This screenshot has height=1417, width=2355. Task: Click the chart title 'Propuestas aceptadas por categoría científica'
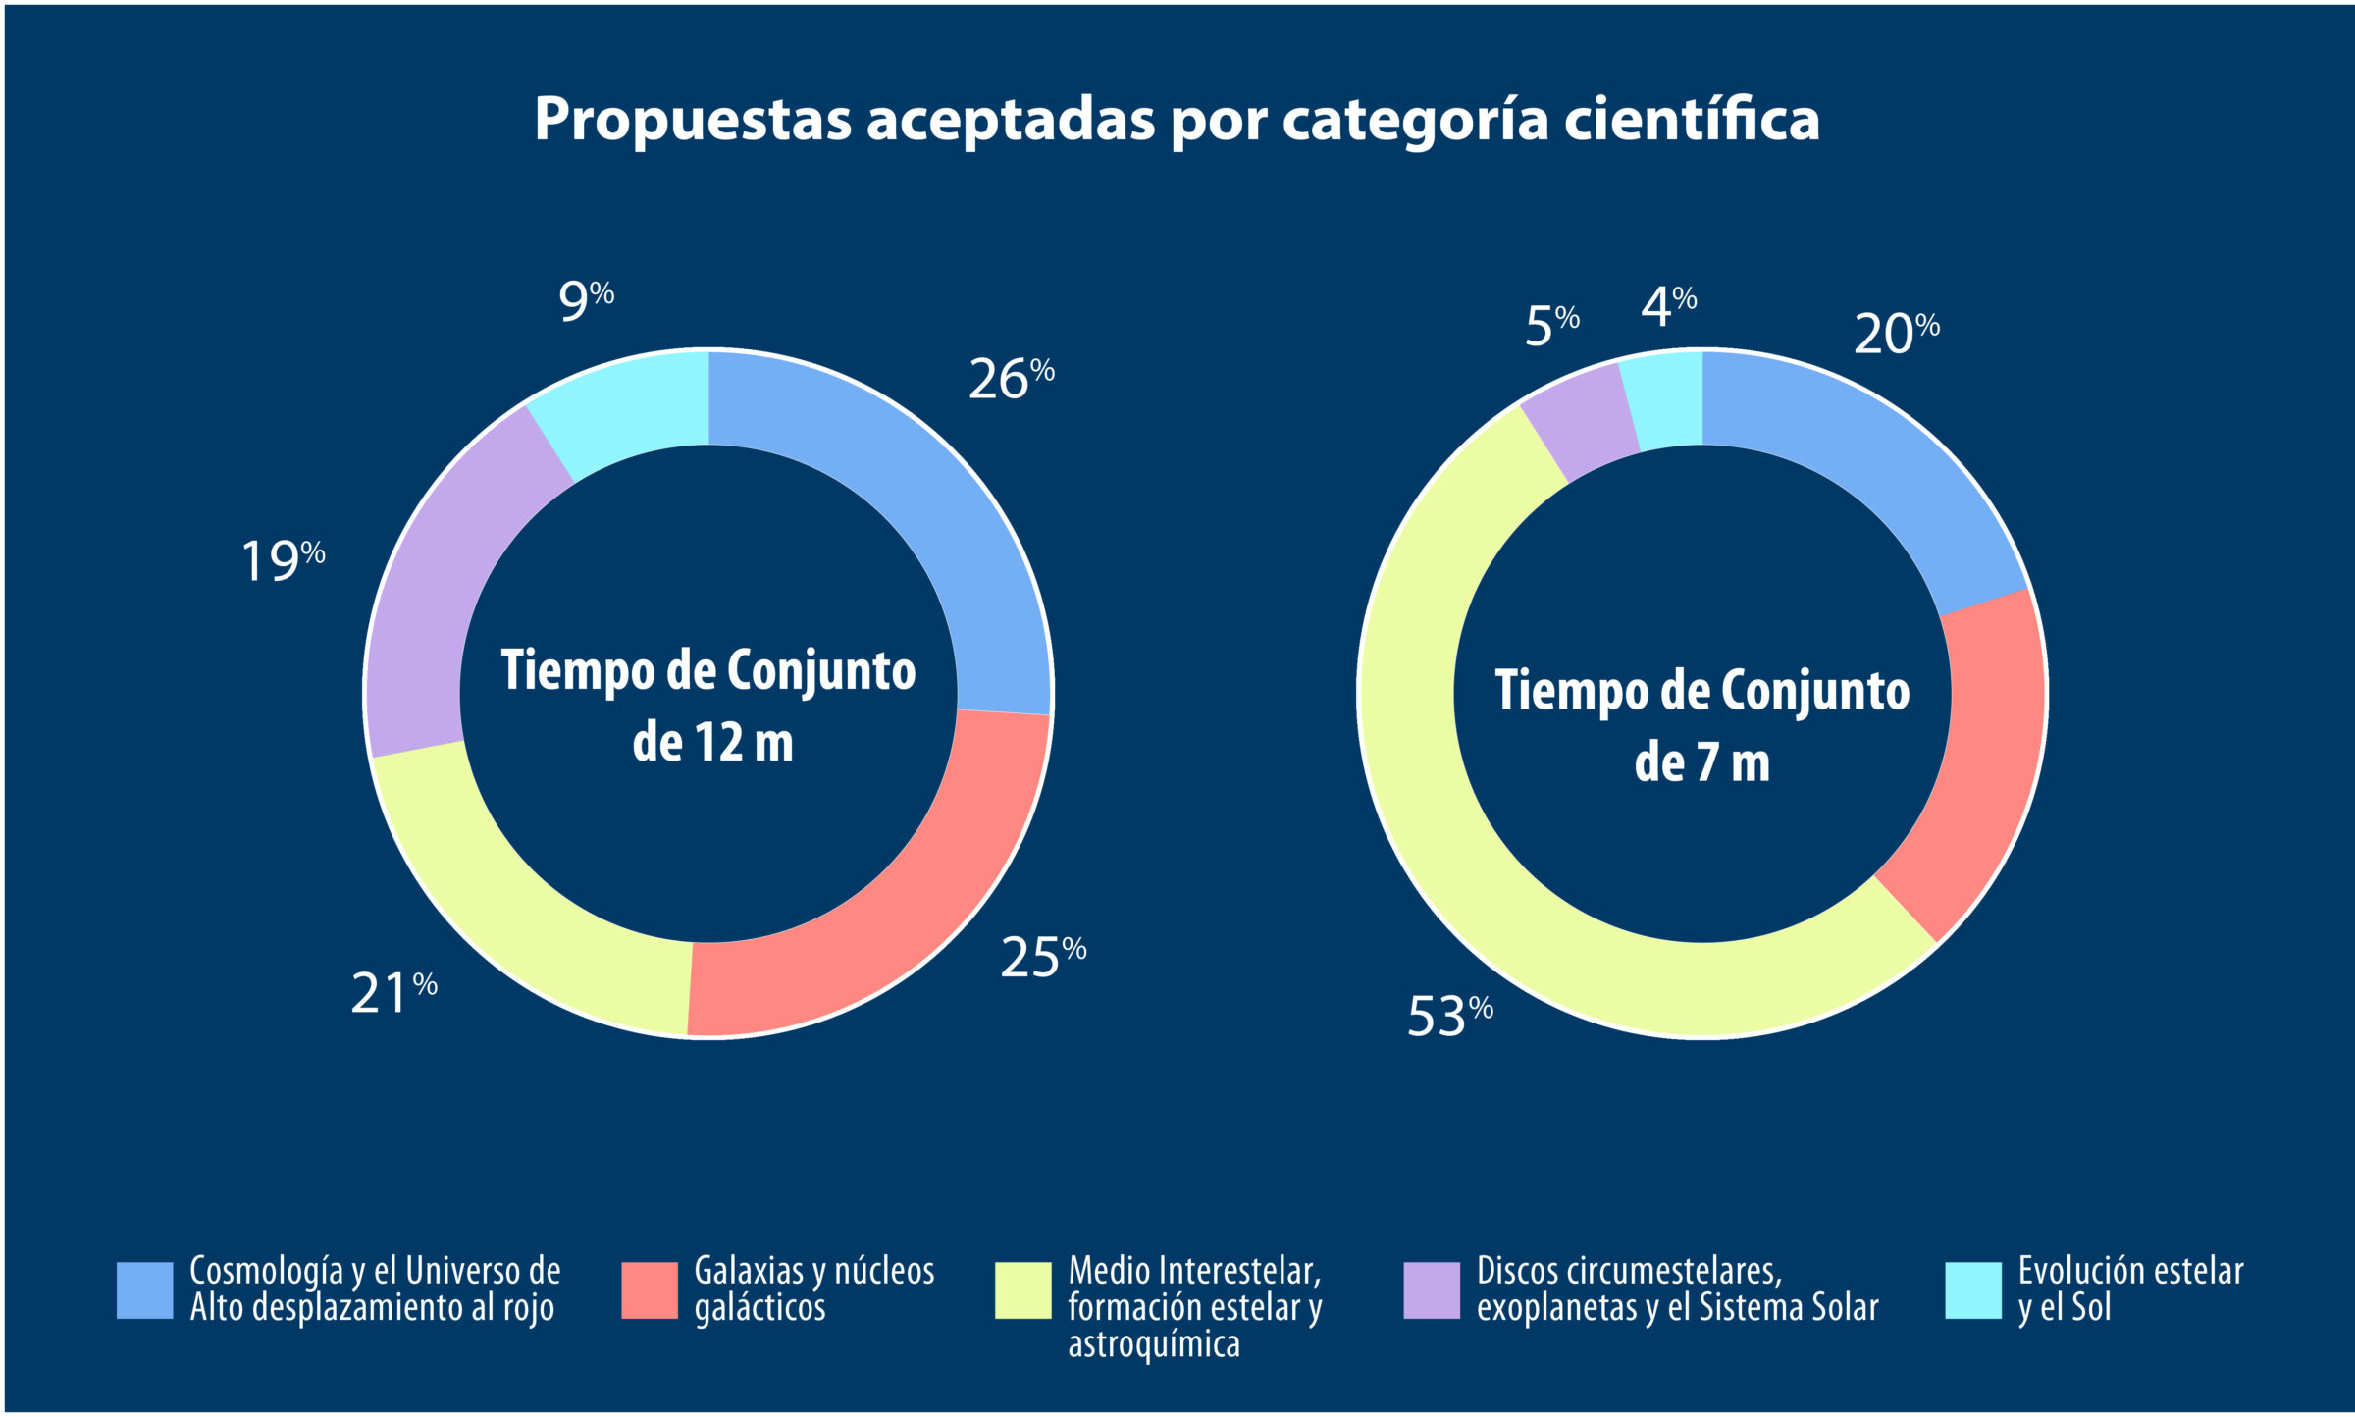tap(1177, 120)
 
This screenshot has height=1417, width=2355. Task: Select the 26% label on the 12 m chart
tap(1011, 379)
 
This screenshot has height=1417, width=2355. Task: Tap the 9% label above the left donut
tap(586, 299)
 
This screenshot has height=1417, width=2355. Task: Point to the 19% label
tap(283, 561)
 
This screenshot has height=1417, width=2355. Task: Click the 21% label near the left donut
tap(393, 992)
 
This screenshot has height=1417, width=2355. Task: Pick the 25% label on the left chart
tap(1043, 957)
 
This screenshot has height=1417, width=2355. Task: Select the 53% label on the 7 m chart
tap(1450, 1016)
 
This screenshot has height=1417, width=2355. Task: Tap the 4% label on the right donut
tap(1668, 306)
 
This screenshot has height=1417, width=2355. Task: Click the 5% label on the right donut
tap(1551, 325)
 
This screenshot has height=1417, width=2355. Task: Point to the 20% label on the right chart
tap(1896, 334)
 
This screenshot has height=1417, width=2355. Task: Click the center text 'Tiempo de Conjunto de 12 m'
tap(708, 705)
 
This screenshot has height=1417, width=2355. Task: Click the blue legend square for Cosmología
tap(144, 1289)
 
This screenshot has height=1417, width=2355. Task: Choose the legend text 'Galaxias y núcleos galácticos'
tap(813, 1288)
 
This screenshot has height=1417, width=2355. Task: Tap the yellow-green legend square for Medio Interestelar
tap(1022, 1289)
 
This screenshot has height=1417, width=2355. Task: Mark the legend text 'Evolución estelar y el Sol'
tap(2129, 1288)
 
